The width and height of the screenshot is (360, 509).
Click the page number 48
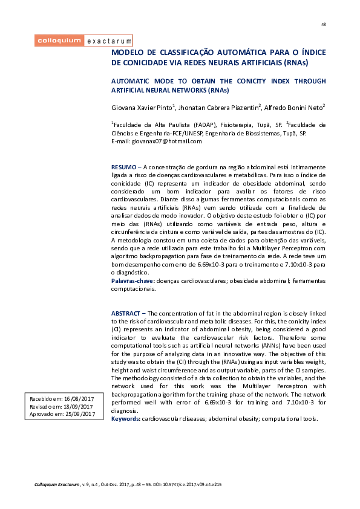coord(323,24)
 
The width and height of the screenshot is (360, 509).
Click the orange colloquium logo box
coord(59,41)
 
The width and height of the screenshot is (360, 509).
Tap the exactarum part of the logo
coord(108,41)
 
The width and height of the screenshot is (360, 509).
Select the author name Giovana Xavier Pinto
coord(142,108)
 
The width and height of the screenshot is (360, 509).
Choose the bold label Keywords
coord(126,418)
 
